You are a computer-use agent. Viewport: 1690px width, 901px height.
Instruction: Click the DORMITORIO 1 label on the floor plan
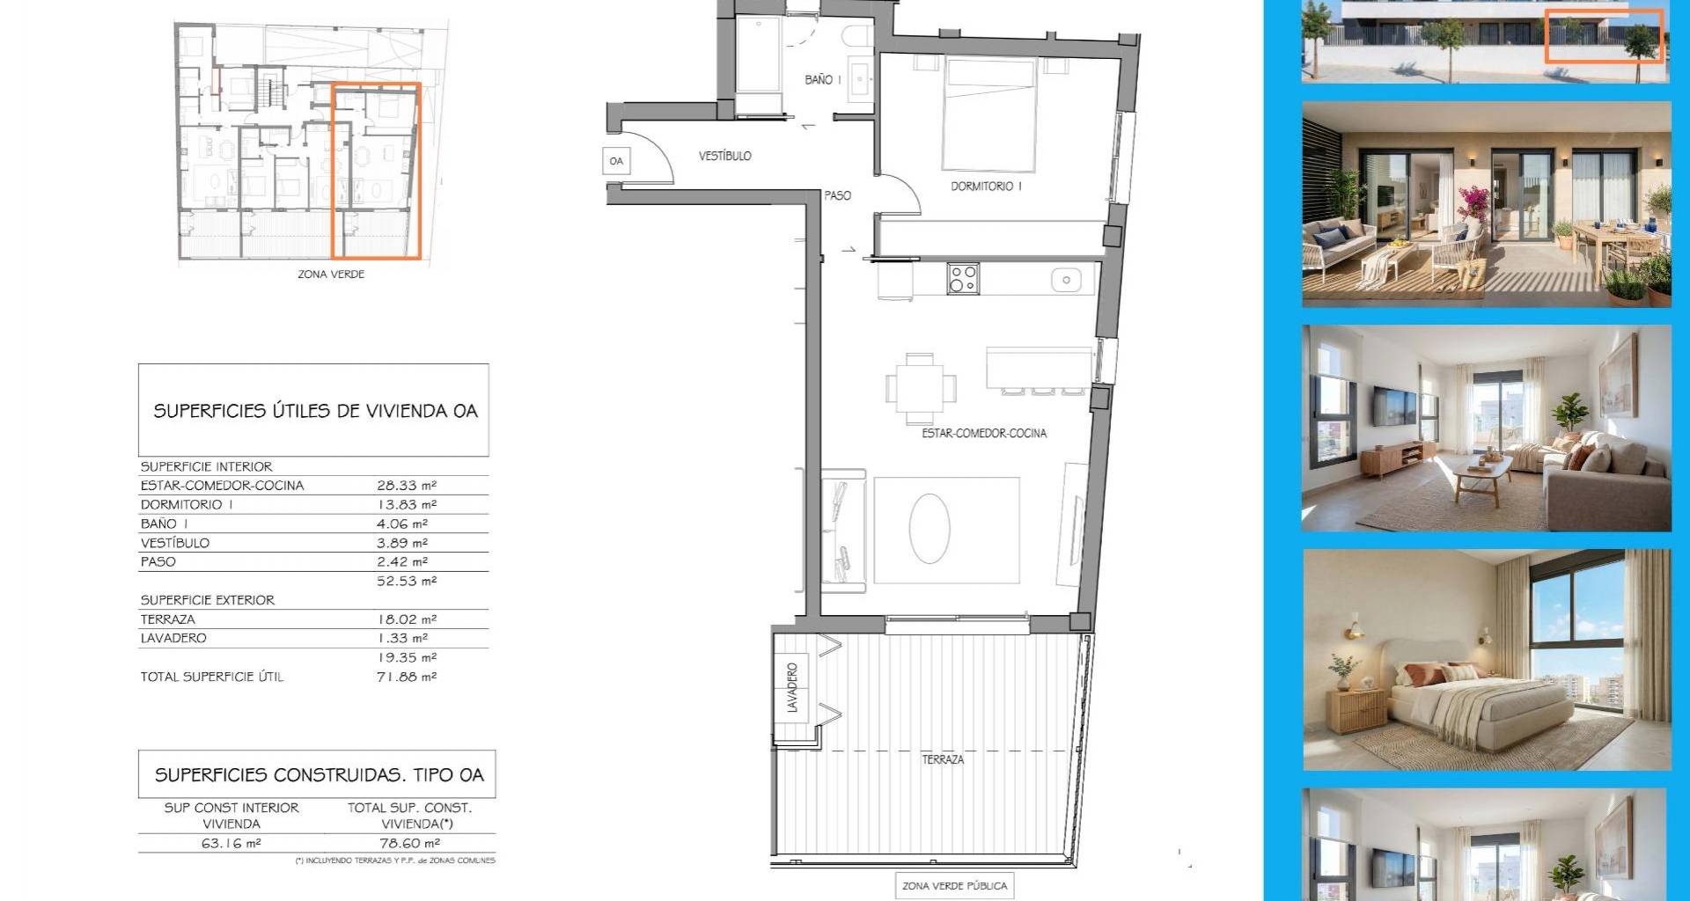point(986,187)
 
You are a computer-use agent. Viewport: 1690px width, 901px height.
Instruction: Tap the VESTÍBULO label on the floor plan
point(725,156)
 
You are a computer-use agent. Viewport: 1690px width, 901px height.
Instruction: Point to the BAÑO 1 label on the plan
point(823,79)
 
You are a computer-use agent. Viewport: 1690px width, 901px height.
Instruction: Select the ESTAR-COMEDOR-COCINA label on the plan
point(984,433)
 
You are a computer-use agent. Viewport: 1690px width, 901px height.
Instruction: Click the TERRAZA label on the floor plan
point(943,759)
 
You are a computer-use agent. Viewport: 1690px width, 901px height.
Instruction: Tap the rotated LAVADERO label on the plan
point(792,687)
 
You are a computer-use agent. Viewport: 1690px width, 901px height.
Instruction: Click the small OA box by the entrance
point(616,161)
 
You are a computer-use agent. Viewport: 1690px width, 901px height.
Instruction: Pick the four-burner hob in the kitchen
point(963,279)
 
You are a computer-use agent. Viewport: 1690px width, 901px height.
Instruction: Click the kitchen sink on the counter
point(1066,281)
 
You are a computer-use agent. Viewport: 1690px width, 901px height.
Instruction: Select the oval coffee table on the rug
point(929,528)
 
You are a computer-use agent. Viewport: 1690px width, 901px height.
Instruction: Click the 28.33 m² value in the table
point(407,486)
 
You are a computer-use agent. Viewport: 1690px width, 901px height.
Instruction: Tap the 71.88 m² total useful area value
point(407,677)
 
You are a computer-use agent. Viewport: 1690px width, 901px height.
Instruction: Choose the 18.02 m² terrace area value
point(407,619)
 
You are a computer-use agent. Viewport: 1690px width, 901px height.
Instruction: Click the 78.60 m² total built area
point(410,843)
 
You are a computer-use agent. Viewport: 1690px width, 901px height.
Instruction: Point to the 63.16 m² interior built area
point(231,843)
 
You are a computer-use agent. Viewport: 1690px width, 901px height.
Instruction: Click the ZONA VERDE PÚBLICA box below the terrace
point(955,886)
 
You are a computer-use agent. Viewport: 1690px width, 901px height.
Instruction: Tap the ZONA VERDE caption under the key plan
point(331,275)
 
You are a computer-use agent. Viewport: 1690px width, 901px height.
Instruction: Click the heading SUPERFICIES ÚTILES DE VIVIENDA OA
point(315,411)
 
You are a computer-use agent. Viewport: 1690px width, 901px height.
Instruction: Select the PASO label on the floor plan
point(838,195)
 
